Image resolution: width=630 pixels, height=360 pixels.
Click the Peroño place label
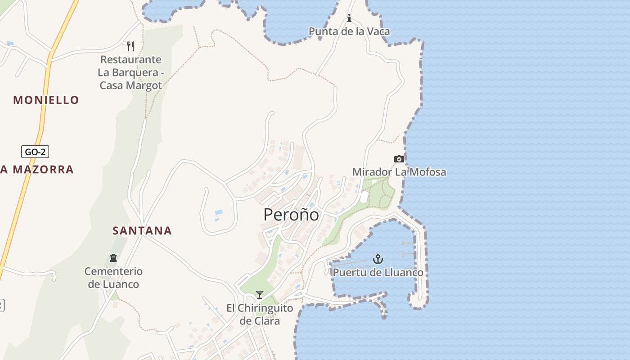[x=291, y=215]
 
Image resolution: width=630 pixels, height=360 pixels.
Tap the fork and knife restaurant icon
[x=130, y=46]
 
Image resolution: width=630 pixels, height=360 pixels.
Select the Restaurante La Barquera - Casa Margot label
[x=130, y=72]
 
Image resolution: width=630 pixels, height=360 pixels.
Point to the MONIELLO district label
[x=46, y=100]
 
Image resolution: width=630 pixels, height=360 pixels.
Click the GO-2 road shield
[x=35, y=152]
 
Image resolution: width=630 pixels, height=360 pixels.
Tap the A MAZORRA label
[x=37, y=170]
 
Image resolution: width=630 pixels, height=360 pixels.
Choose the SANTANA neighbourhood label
[x=142, y=231]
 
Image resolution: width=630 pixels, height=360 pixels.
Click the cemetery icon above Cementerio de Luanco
[x=113, y=258]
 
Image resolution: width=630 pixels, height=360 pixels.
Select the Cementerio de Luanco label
[x=113, y=278]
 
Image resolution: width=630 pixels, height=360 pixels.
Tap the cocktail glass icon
[x=260, y=295]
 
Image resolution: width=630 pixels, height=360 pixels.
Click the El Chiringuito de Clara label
[x=260, y=315]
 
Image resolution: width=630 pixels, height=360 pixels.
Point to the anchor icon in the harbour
[x=378, y=259]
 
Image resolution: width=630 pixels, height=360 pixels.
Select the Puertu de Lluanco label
[x=378, y=273]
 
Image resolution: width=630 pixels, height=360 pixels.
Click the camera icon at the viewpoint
[x=399, y=159]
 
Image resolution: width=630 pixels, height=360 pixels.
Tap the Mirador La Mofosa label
[x=399, y=172]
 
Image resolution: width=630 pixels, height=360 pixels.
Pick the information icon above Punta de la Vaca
[x=349, y=18]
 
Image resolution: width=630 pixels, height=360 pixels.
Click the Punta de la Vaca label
[x=349, y=31]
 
